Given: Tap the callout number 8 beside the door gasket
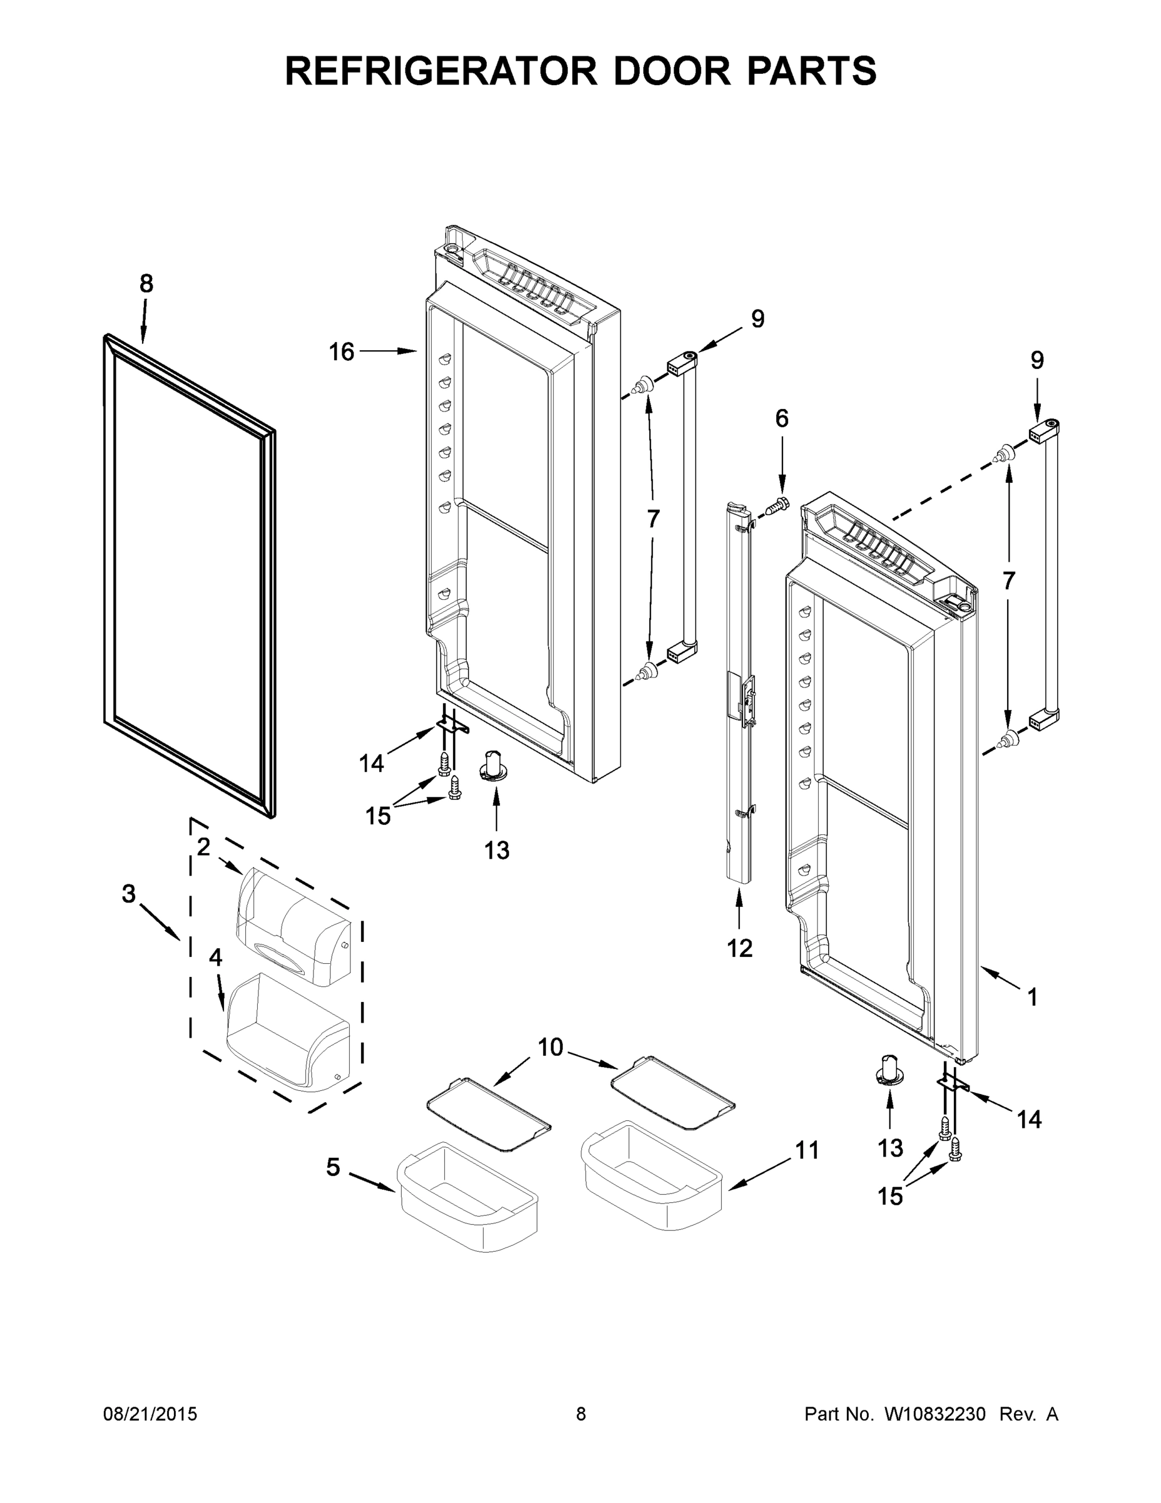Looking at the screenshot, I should click(146, 284).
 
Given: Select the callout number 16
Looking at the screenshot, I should click(341, 352).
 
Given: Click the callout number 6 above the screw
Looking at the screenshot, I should click(782, 418).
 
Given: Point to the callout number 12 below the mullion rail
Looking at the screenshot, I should click(739, 948).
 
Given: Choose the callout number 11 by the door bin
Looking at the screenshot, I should click(807, 1150).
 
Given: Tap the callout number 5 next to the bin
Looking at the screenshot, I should click(333, 1167).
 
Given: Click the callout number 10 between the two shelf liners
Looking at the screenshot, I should click(550, 1046).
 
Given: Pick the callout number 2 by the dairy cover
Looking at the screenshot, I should click(203, 848).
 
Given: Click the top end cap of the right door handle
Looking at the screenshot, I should click(1043, 430).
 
